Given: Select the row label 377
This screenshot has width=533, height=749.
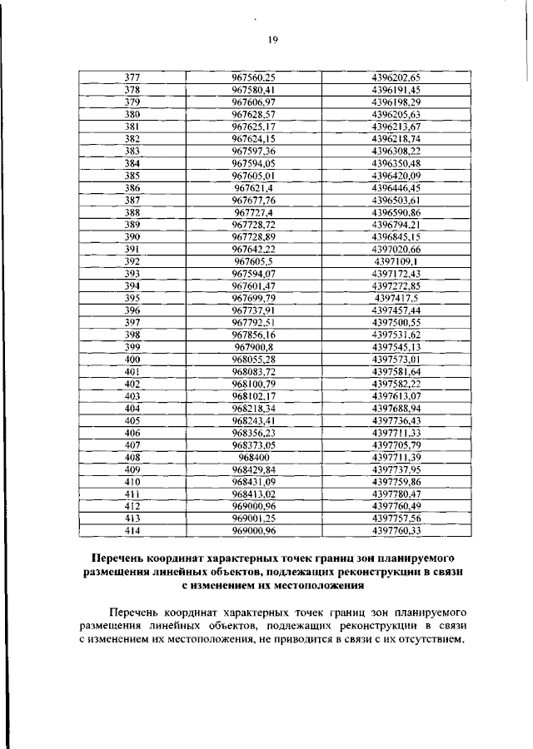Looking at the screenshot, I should [x=132, y=77].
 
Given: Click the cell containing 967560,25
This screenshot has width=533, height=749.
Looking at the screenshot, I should [x=253, y=77].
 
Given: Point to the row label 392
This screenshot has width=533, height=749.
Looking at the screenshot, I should [x=132, y=260].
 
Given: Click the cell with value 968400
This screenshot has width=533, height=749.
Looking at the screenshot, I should [x=253, y=457].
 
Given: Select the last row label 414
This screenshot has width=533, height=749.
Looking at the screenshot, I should [x=132, y=530].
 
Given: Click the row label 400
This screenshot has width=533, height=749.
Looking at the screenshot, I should [x=132, y=359].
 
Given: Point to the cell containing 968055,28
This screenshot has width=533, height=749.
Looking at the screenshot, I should [x=253, y=359].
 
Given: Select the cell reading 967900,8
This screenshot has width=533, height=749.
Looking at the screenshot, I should [x=253, y=346].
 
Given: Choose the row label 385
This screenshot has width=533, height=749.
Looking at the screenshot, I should [x=132, y=175].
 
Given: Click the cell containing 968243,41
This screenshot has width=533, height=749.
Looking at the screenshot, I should [x=253, y=420].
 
